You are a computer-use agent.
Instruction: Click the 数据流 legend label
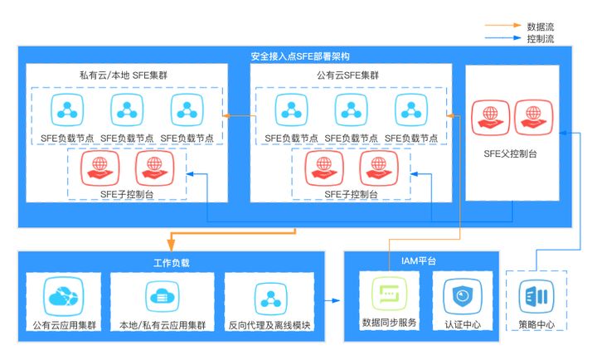pos(540,27)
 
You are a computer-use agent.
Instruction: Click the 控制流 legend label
pos(540,38)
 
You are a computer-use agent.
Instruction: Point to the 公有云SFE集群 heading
pos(347,75)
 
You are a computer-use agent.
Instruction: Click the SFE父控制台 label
pos(512,154)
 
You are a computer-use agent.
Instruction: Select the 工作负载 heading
pos(172,262)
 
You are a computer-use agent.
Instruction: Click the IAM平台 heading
pos(421,262)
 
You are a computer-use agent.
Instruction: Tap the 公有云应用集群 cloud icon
pos(63,296)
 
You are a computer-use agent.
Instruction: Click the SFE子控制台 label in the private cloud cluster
pos(126,194)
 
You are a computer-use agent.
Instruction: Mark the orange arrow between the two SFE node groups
pos(239,115)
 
